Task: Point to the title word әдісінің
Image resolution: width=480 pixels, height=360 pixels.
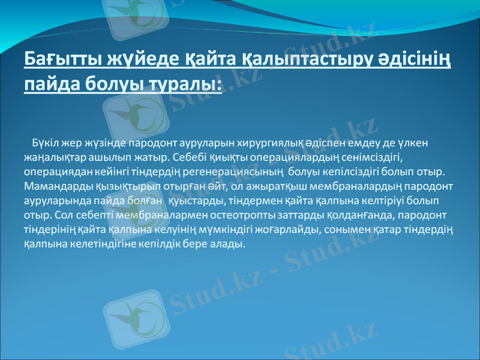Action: click(414, 61)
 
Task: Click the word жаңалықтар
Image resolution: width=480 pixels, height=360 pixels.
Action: click(55, 158)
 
